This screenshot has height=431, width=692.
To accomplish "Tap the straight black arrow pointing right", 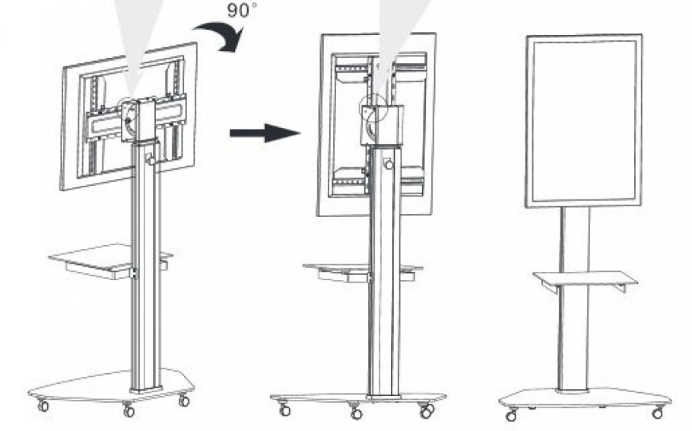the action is [x=265, y=132].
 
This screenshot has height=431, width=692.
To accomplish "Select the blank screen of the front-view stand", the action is [x=584, y=120].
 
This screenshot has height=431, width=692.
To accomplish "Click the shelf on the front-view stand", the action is [x=586, y=279].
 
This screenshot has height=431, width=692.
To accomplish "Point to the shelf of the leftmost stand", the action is [x=110, y=261].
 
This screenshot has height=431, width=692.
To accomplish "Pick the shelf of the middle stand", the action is [x=362, y=270].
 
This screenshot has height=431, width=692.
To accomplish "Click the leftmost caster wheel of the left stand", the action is [x=43, y=405].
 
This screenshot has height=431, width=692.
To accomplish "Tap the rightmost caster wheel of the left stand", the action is [x=184, y=401].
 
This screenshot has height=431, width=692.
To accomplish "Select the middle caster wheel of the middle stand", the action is [x=356, y=413].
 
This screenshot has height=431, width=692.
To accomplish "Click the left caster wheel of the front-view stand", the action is [x=512, y=416].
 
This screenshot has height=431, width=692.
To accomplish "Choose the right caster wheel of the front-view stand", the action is [x=658, y=413].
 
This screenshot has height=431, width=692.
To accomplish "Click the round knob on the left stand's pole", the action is [x=151, y=160].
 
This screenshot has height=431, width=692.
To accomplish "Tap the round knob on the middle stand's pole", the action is [x=389, y=164].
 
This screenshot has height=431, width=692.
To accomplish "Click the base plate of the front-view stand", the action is [x=586, y=398].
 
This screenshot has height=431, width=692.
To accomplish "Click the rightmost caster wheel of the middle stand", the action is [x=426, y=412].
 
